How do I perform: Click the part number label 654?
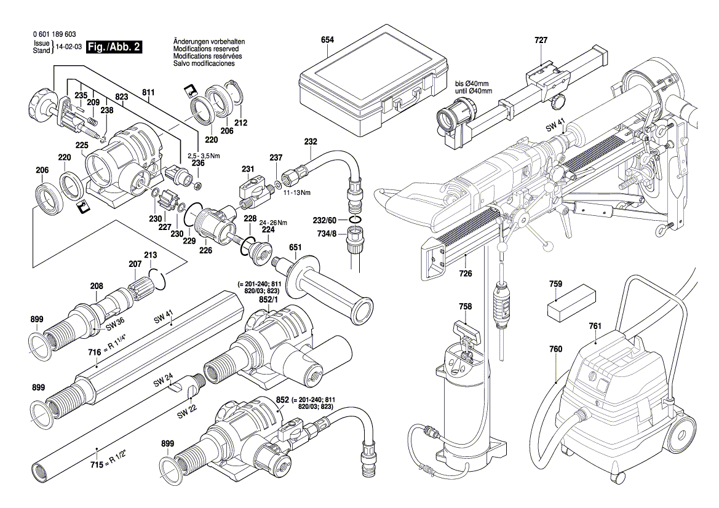click(x=327, y=39)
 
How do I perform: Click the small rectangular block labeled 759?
click(x=571, y=303)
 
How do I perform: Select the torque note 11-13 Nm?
click(x=296, y=192)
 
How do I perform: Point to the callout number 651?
click(x=295, y=247)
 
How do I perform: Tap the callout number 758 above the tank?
click(x=466, y=306)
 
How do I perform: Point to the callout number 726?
click(x=466, y=273)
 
